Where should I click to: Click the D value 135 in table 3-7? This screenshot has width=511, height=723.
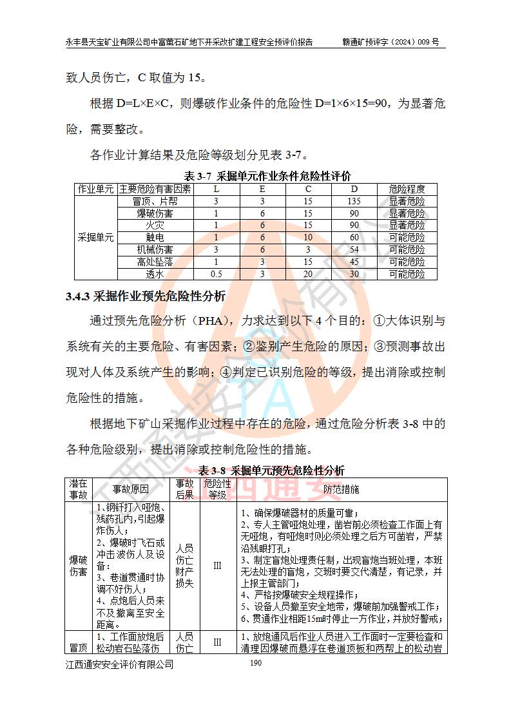[x=354, y=201]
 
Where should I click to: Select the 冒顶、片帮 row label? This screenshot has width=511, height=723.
[x=155, y=201]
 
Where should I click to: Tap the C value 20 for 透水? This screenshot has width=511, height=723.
[x=308, y=274]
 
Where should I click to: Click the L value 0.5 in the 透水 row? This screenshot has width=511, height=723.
[x=217, y=274]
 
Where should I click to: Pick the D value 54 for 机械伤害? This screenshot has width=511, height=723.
[x=354, y=249]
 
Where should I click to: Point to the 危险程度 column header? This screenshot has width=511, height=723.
[x=407, y=189]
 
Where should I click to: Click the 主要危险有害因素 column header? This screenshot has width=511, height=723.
[x=155, y=189]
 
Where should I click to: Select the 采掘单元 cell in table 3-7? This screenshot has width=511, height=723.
[x=95, y=237]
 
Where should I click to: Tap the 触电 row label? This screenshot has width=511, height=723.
[x=155, y=237]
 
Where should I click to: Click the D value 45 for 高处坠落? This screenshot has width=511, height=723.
[x=354, y=262]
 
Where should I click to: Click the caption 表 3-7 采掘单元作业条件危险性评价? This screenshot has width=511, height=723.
[x=267, y=176]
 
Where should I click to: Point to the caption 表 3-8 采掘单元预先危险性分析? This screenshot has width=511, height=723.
[x=271, y=470]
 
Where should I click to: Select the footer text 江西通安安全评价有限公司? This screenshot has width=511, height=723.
[x=119, y=664]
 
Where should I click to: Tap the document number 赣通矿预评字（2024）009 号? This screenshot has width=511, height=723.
[x=390, y=42]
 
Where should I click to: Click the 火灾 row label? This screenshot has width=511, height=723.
[x=155, y=225]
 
